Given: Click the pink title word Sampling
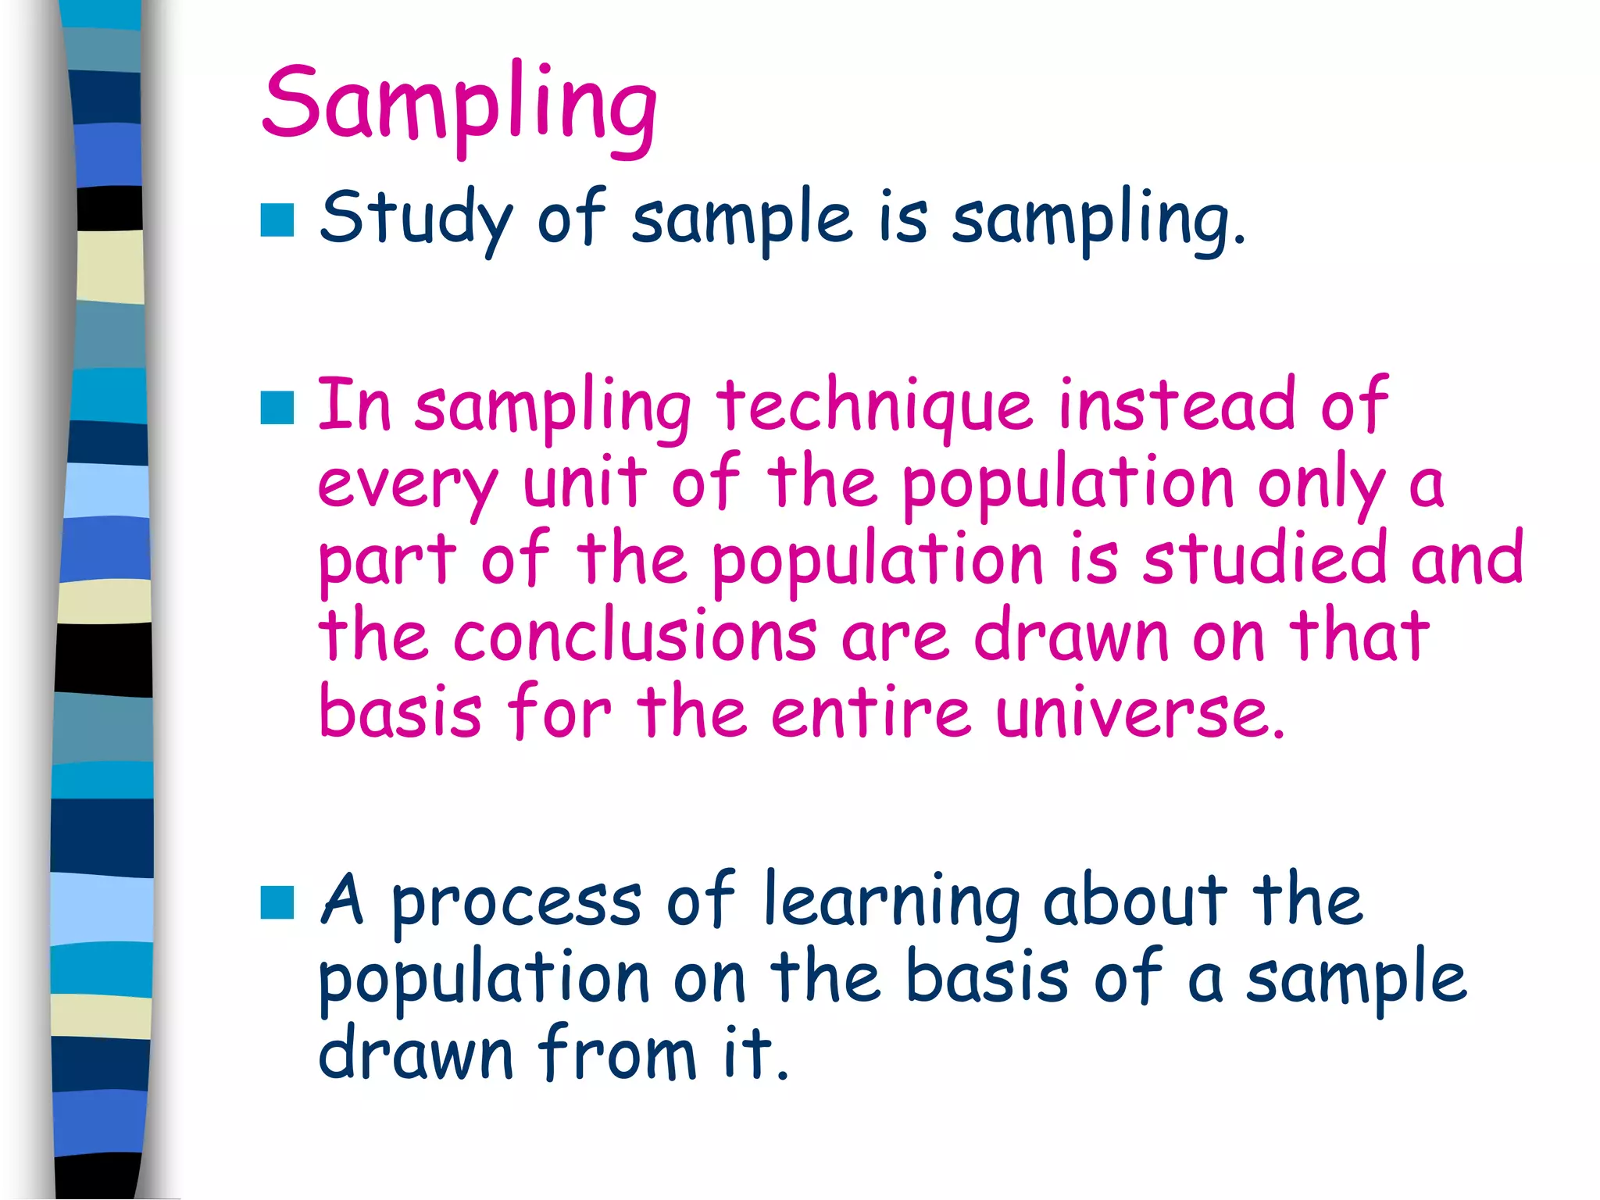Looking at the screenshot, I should (459, 105).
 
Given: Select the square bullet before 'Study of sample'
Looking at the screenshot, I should (277, 220).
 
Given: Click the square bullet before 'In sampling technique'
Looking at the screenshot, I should (277, 408).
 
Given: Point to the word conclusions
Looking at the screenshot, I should (634, 636).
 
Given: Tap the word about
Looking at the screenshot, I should (1135, 900).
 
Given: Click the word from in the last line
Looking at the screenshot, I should (617, 1053).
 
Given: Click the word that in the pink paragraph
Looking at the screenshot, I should (1359, 634).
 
